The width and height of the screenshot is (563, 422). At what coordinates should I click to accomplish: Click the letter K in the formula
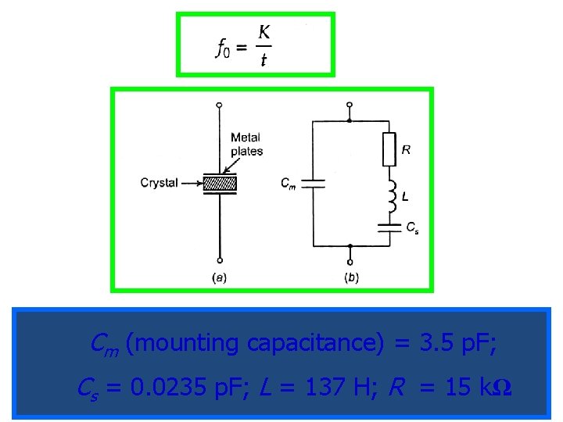pyautogui.click(x=264, y=34)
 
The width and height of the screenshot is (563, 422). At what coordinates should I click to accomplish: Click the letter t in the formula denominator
pyautogui.click(x=264, y=59)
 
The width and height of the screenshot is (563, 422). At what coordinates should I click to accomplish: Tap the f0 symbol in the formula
pyautogui.click(x=223, y=48)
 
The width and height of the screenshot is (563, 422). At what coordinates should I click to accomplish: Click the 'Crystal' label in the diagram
pyautogui.click(x=159, y=183)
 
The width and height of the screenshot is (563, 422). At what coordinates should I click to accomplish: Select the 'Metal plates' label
pyautogui.click(x=246, y=145)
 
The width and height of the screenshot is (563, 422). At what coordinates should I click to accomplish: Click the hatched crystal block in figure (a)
pyautogui.click(x=220, y=184)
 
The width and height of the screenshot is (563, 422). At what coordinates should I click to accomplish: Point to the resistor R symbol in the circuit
pyautogui.click(x=389, y=149)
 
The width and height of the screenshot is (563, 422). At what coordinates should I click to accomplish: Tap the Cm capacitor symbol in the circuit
pyautogui.click(x=313, y=184)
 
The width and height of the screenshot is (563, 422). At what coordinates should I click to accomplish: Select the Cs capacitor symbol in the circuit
pyautogui.click(x=389, y=227)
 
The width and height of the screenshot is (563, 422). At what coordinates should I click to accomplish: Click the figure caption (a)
pyautogui.click(x=220, y=277)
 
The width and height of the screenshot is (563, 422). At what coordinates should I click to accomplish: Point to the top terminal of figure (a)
pyautogui.click(x=220, y=105)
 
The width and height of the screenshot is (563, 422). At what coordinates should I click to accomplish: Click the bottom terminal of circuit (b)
pyautogui.click(x=350, y=262)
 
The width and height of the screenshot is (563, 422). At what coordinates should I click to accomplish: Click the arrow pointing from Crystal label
pyautogui.click(x=191, y=184)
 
